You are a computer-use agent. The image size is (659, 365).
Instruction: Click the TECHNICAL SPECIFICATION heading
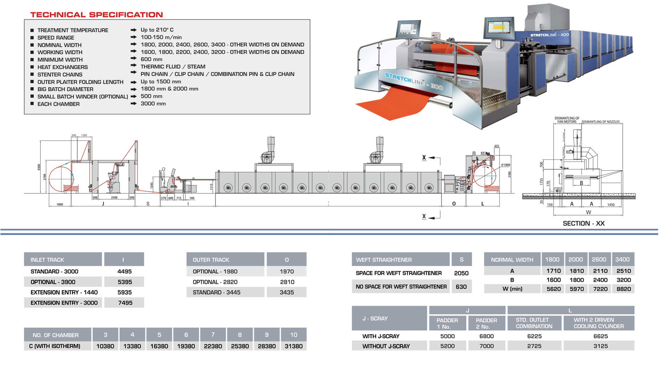(x=96, y=15)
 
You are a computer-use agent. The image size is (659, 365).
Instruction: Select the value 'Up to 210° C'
(x=157, y=30)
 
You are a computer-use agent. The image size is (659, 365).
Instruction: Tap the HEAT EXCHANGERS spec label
(x=63, y=67)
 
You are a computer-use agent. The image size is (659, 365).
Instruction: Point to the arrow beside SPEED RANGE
(x=133, y=37)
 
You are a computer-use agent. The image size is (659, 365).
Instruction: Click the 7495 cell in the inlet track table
(x=125, y=303)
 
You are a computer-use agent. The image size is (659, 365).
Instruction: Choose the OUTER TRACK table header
(x=211, y=260)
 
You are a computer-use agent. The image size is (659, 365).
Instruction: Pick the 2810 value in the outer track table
(x=287, y=282)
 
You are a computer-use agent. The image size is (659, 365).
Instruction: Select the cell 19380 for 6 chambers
(x=186, y=346)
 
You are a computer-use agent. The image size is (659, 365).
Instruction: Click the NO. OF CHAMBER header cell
(x=56, y=335)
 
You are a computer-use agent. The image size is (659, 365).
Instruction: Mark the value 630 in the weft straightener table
(x=461, y=287)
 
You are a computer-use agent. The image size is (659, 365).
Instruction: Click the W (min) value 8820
(x=624, y=289)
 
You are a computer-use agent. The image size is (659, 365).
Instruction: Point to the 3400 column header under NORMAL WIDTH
(x=622, y=259)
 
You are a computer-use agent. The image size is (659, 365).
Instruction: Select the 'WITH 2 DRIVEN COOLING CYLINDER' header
(x=599, y=323)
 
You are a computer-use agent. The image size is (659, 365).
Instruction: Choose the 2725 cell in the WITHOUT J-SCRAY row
(x=534, y=346)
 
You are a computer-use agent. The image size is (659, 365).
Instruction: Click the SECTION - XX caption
(x=584, y=223)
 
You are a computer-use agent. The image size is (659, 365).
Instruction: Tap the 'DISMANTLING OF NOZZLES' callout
(x=601, y=122)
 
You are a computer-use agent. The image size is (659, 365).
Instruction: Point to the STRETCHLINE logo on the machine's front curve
(x=414, y=81)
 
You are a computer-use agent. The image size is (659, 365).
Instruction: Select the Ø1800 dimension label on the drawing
(x=505, y=165)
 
